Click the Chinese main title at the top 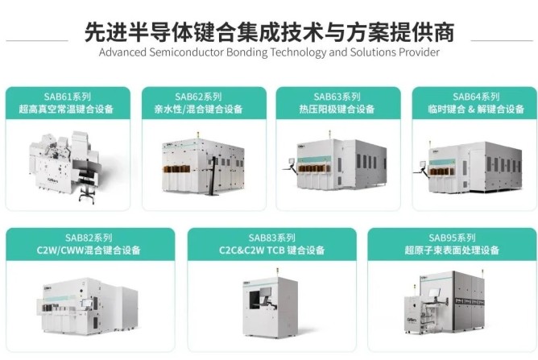269,31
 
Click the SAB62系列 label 203,96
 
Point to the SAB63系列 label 337,96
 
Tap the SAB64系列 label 471,96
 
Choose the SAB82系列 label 90,238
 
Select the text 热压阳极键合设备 337,109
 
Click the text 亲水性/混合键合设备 203,109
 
